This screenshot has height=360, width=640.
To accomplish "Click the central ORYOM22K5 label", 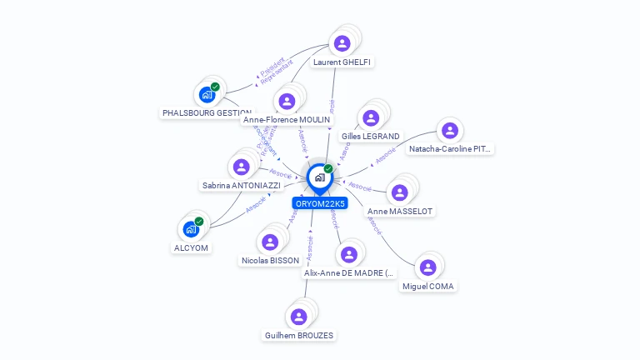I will [320, 203].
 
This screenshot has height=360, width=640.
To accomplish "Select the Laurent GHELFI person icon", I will [342, 43].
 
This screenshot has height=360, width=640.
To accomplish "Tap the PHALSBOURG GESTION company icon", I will [207, 94].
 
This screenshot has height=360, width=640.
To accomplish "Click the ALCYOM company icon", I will [191, 229].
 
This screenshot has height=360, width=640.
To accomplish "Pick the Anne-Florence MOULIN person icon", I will [287, 101].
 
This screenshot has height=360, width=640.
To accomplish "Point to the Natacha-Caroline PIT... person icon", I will [449, 130].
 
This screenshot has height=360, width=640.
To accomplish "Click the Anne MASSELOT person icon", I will [400, 192].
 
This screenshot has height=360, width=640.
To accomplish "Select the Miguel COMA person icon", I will [427, 267].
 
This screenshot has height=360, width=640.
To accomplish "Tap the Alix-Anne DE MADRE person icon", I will [348, 254].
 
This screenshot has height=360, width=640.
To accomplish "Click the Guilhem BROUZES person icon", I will [298, 317].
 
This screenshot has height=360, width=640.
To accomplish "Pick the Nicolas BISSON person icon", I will [269, 242].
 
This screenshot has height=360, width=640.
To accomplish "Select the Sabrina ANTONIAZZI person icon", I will [242, 166].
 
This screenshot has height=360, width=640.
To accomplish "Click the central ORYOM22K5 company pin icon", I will [319, 177].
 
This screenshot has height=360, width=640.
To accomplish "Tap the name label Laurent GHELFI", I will [342, 62].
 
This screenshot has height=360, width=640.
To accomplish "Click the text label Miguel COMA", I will [429, 286].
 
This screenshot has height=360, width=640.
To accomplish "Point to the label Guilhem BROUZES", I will [299, 336].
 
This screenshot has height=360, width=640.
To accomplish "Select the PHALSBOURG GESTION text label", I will [207, 112].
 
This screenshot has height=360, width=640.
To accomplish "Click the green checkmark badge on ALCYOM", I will [199, 222].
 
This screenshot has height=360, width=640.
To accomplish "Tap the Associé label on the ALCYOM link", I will [256, 203].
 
